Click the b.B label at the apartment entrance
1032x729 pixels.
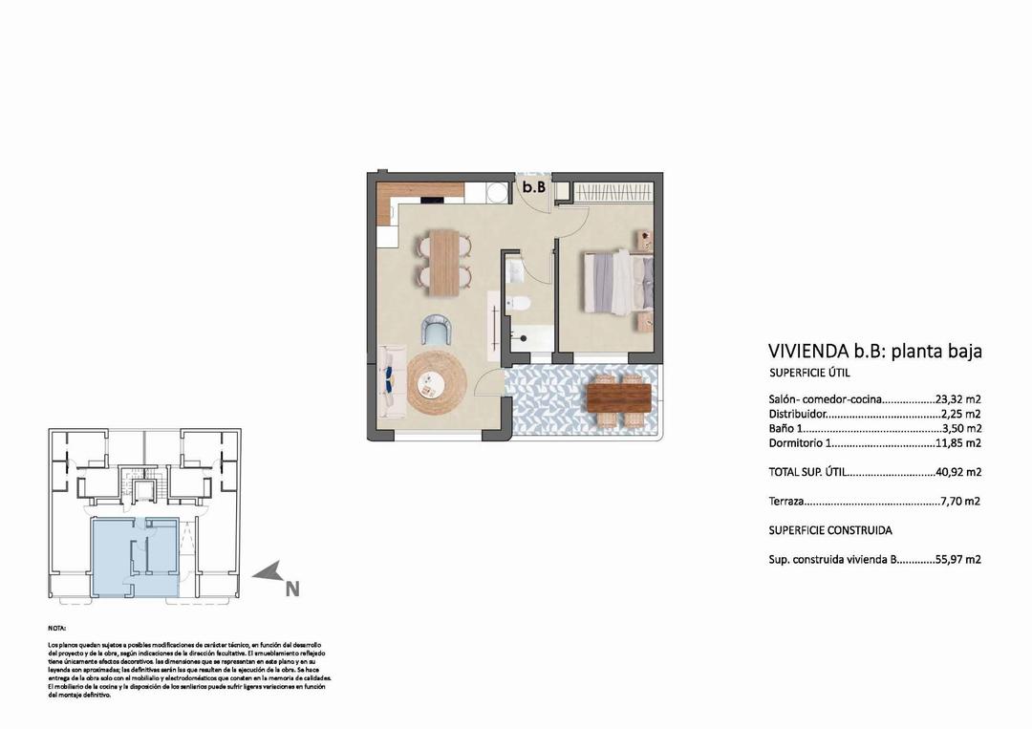pos(533,187)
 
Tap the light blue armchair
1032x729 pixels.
pos(438,331)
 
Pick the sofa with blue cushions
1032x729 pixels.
pos(390,382)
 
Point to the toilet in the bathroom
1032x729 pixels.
pos(519,304)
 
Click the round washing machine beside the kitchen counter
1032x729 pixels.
pos(497,191)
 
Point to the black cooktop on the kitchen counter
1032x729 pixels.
pos(432,200)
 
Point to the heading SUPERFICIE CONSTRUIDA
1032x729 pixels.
pos(830,530)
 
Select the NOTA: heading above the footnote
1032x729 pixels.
pos(57,629)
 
